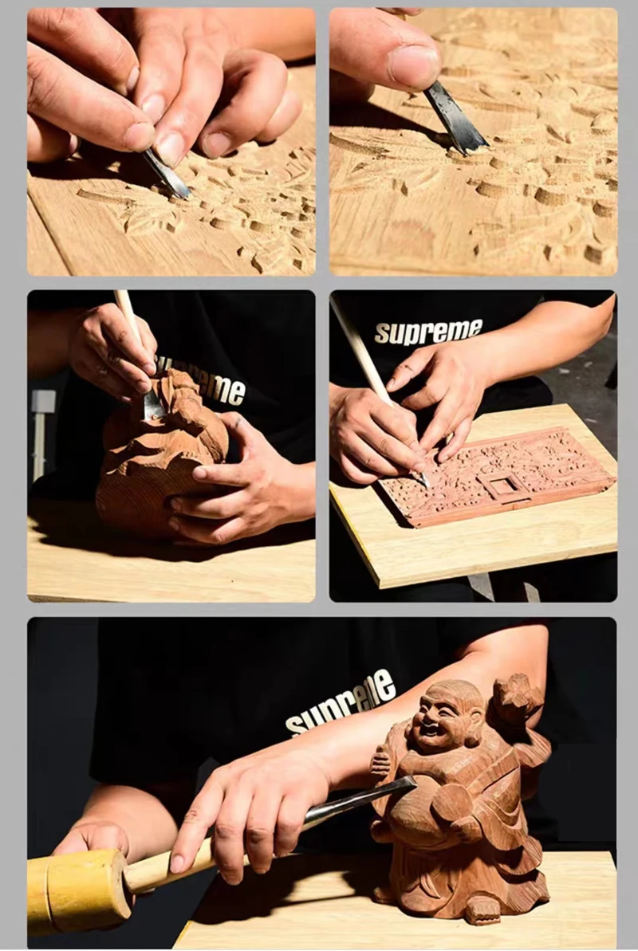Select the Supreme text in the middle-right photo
[428, 331]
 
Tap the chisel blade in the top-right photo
[456, 119]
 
